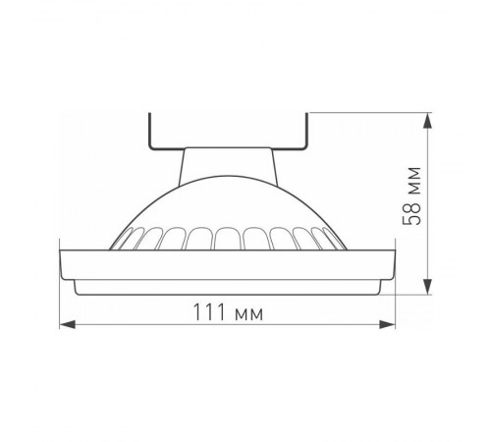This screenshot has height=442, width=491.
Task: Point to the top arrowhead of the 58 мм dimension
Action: point(428,119)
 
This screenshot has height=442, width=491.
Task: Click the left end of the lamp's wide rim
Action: point(65,263)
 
